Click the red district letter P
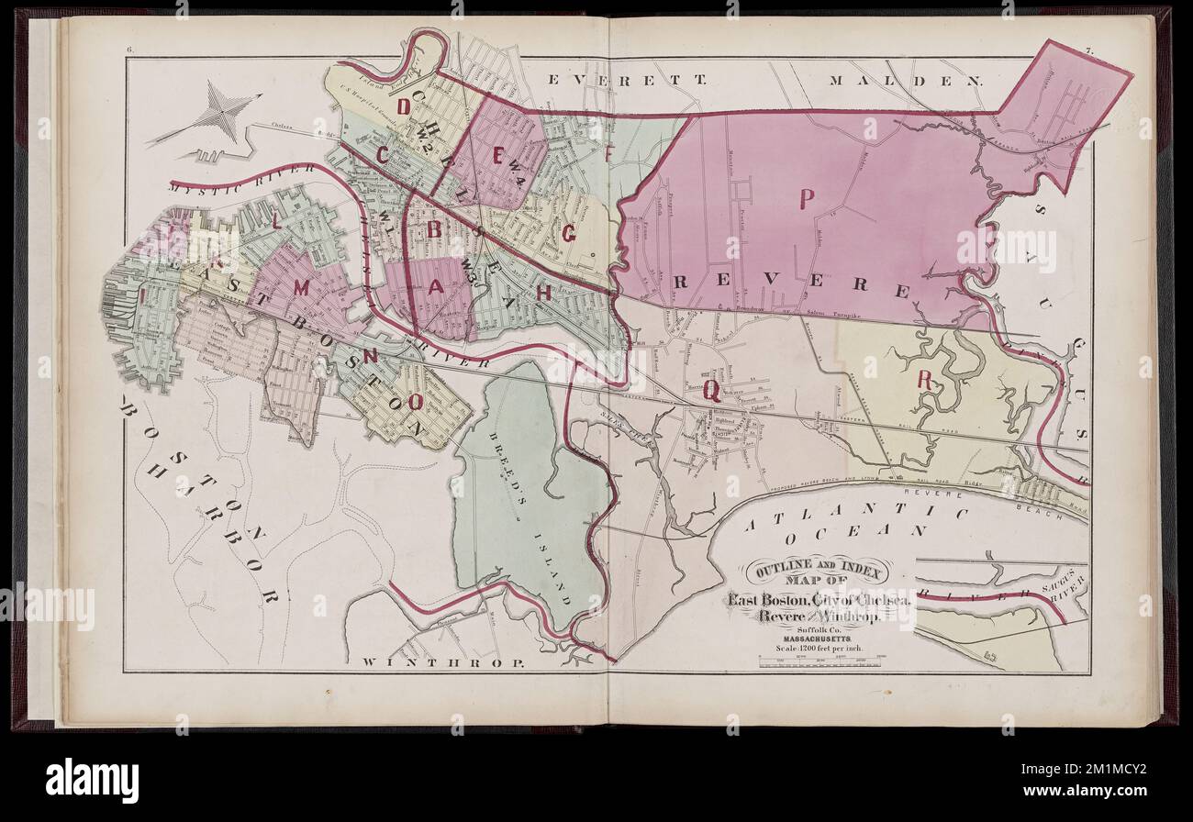[808, 199]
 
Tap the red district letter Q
[711, 391]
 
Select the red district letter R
[925, 380]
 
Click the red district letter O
[415, 401]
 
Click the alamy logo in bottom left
[92, 780]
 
